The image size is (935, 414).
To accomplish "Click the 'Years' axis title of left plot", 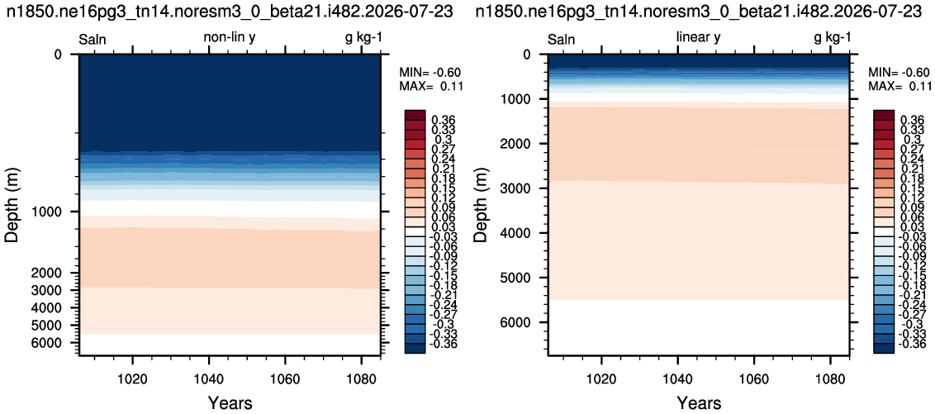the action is click(230, 402).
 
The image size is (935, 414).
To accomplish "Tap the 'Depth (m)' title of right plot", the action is click(481, 204).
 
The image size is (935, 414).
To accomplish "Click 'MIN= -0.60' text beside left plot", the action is click(430, 73).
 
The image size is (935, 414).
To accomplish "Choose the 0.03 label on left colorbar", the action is click(441, 227).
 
